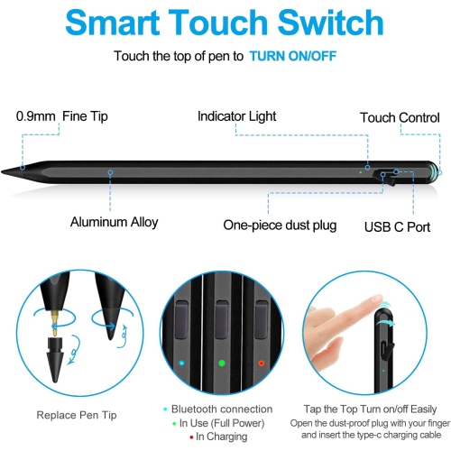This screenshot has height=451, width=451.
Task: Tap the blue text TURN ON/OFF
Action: tap(294, 56)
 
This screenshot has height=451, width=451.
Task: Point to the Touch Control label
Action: tap(400, 118)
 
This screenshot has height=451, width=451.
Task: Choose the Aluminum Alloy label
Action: tap(114, 222)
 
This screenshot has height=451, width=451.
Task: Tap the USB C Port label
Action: tap(397, 226)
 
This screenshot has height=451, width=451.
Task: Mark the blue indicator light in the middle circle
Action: tap(183, 363)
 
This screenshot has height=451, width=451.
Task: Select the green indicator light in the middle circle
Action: tap(222, 363)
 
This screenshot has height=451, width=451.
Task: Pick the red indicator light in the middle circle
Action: tap(262, 363)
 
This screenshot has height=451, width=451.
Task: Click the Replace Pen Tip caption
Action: tap(76, 415)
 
